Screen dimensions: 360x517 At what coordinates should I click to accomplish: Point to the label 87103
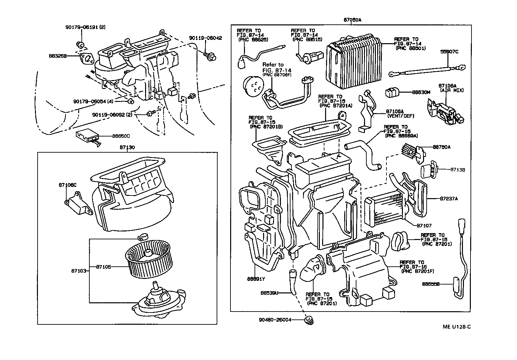(78, 271)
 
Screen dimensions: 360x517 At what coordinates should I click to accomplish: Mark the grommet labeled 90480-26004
(309, 320)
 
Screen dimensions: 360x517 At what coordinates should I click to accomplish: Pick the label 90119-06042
(205, 38)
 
